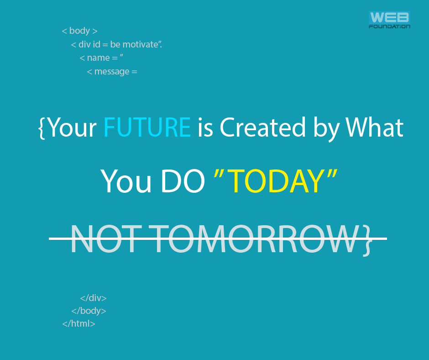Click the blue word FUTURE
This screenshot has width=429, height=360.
(x=147, y=127)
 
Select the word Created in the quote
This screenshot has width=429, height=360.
(x=262, y=127)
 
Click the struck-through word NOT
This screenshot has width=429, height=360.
(x=104, y=239)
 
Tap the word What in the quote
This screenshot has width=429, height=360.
(x=375, y=127)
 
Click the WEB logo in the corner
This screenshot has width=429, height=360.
(x=389, y=18)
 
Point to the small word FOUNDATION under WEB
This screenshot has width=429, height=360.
(x=389, y=26)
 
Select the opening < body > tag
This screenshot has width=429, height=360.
(x=80, y=31)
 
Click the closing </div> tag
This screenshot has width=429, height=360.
(x=93, y=298)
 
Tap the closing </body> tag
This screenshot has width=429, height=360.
(x=89, y=311)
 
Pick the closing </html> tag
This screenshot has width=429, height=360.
(x=79, y=324)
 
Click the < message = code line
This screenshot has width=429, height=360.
(x=112, y=72)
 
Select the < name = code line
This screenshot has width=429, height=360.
(x=102, y=58)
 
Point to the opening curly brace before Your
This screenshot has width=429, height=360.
(x=42, y=127)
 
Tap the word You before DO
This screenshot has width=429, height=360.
(x=126, y=181)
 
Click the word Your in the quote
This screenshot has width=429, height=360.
(x=72, y=127)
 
